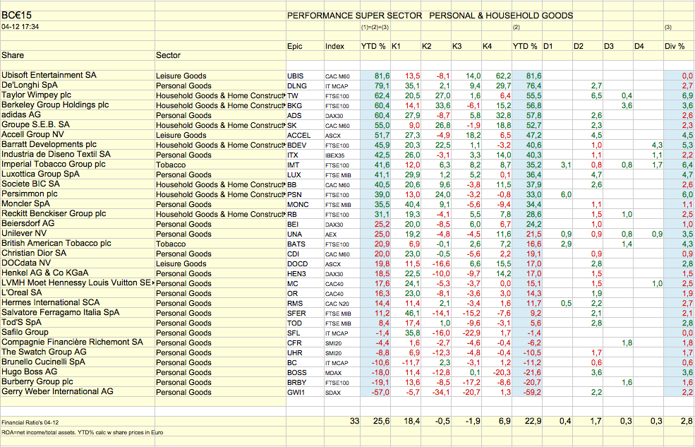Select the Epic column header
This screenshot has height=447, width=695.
tap(295, 47)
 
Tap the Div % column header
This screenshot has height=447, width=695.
tap(675, 47)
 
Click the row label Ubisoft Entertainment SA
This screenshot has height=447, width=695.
tap(49, 75)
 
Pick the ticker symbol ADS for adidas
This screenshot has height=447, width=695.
tap(294, 115)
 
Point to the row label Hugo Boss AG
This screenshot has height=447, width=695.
tap(30, 371)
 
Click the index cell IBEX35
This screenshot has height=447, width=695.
tap(337, 155)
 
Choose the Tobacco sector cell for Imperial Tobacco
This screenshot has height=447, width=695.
tap(171, 165)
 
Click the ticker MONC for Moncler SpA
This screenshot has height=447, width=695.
tap(297, 203)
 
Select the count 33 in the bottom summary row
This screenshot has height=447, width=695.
tap(355, 421)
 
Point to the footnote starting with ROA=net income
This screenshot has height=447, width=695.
tap(78, 431)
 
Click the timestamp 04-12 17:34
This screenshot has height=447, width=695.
tap(20, 27)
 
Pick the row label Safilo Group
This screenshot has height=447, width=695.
tap(25, 332)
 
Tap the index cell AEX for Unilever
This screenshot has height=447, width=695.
tap(332, 233)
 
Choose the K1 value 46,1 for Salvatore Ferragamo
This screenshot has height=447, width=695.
tap(411, 312)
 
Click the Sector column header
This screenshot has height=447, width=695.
tap(168, 55)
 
